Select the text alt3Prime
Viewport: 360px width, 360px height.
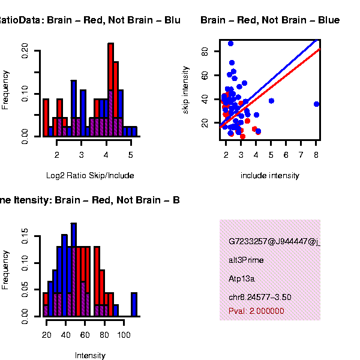click(x=246, y=260)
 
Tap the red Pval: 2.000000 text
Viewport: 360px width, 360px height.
click(x=256, y=311)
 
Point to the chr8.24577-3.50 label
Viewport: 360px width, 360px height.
click(x=260, y=297)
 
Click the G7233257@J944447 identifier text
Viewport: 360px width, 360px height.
click(x=274, y=242)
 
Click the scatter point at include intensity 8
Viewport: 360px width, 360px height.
click(x=316, y=104)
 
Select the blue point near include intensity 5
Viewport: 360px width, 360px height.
click(x=271, y=101)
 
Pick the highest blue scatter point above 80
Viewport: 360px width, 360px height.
click(x=230, y=43)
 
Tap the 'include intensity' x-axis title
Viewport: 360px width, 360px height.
click(x=269, y=176)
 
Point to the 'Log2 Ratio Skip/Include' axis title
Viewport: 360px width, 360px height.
click(x=90, y=176)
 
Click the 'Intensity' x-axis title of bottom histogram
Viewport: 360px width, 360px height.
click(x=90, y=356)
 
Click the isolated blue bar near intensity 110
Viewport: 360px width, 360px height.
click(x=134, y=304)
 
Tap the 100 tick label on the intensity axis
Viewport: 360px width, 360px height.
click(x=124, y=336)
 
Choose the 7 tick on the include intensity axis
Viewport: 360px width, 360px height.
click(x=301, y=155)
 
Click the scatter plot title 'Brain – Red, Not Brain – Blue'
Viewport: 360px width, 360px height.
click(x=270, y=20)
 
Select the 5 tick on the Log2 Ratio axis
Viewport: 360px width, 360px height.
click(x=131, y=155)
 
